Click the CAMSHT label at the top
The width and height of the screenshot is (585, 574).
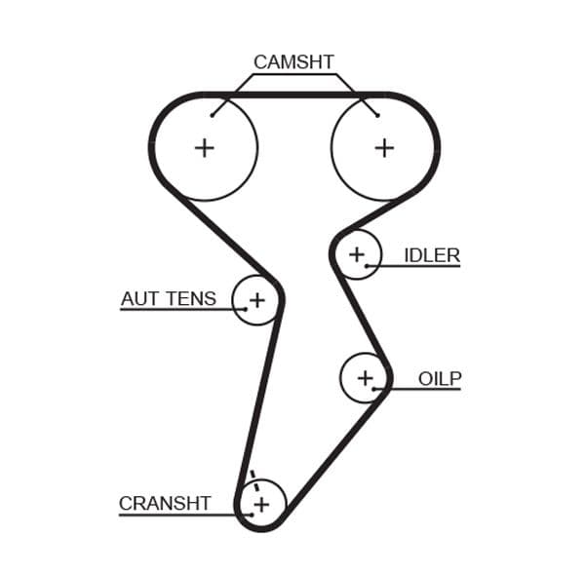click(293, 62)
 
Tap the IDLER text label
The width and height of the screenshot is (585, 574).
click(432, 255)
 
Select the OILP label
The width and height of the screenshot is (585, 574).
click(440, 378)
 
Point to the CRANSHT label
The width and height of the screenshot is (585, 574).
click(165, 503)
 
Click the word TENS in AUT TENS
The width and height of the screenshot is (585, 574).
click(191, 298)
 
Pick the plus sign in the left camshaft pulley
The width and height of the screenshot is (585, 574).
click(204, 147)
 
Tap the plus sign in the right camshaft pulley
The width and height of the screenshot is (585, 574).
click(385, 147)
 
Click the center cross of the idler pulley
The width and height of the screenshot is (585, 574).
click(357, 254)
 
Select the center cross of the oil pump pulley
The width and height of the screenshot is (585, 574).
click(366, 377)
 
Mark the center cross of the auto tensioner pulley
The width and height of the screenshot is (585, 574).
click(256, 299)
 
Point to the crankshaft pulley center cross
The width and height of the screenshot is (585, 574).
click(260, 503)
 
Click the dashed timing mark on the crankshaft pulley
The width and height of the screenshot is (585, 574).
click(253, 479)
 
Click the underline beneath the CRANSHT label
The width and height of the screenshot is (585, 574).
click(175, 515)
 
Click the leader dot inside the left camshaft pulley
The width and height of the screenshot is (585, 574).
click(212, 116)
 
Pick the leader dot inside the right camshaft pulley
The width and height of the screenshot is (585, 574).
click(377, 116)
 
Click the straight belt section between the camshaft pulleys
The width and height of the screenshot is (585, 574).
click(293, 96)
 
